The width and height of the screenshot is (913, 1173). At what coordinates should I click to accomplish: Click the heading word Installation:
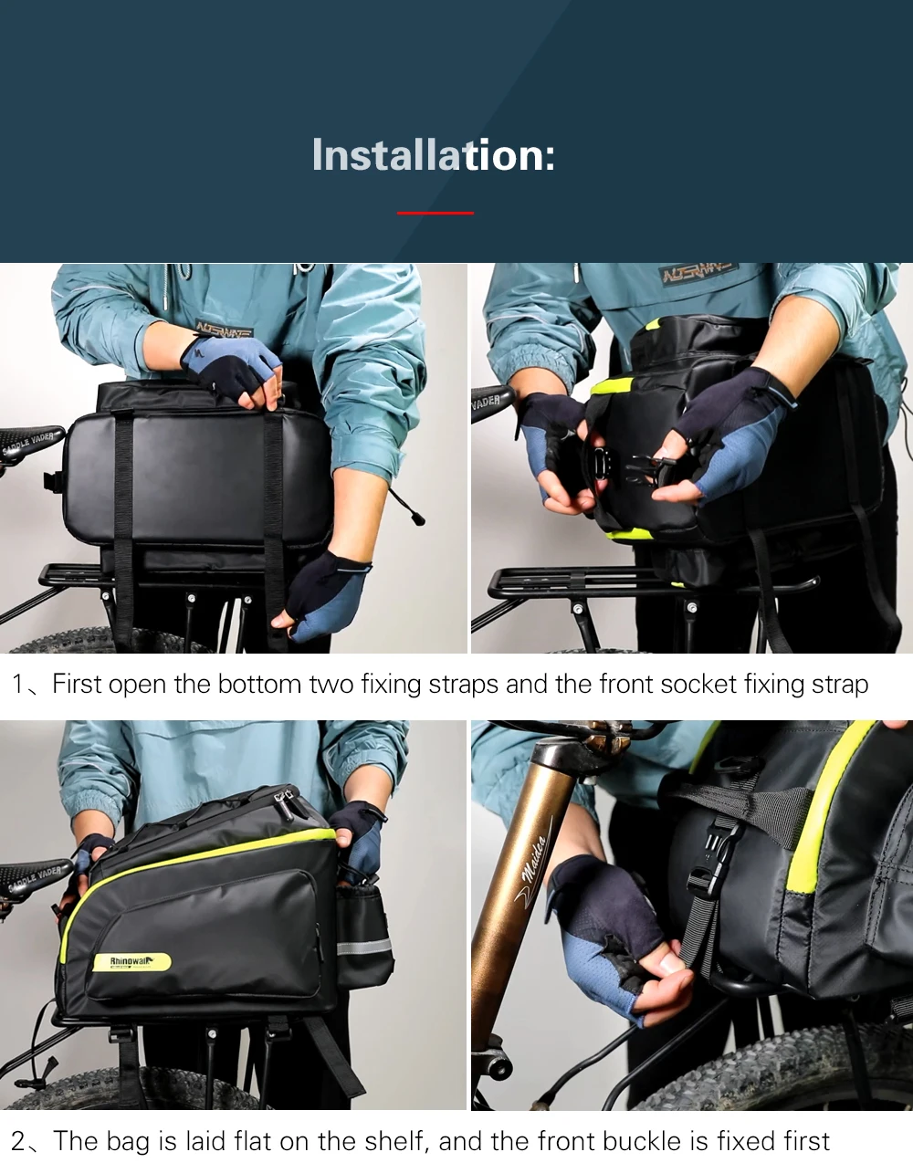(x=433, y=155)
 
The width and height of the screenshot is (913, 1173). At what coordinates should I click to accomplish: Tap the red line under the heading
(x=436, y=213)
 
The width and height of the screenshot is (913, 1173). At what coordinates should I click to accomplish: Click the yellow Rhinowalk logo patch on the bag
(x=131, y=962)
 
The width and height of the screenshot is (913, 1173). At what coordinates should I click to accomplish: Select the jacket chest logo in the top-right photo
(x=698, y=274)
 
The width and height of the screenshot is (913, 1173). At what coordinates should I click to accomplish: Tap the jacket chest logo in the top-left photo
(x=225, y=330)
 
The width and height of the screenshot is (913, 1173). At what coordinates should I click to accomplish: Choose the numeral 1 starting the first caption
(x=18, y=685)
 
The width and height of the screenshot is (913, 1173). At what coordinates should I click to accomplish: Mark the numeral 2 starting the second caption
(x=19, y=1141)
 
